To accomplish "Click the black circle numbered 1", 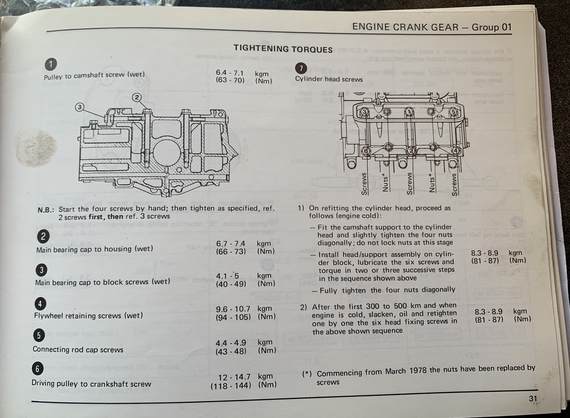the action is [51, 64].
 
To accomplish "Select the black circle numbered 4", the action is [40, 304].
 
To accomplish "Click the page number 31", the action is [533, 399].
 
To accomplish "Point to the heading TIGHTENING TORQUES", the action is [283, 49].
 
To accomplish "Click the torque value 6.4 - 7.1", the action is [230, 73].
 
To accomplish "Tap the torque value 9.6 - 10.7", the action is [233, 309].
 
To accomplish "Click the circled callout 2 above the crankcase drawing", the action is [137, 97].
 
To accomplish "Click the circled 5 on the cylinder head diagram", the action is [453, 112].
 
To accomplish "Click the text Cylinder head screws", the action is [329, 79].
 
